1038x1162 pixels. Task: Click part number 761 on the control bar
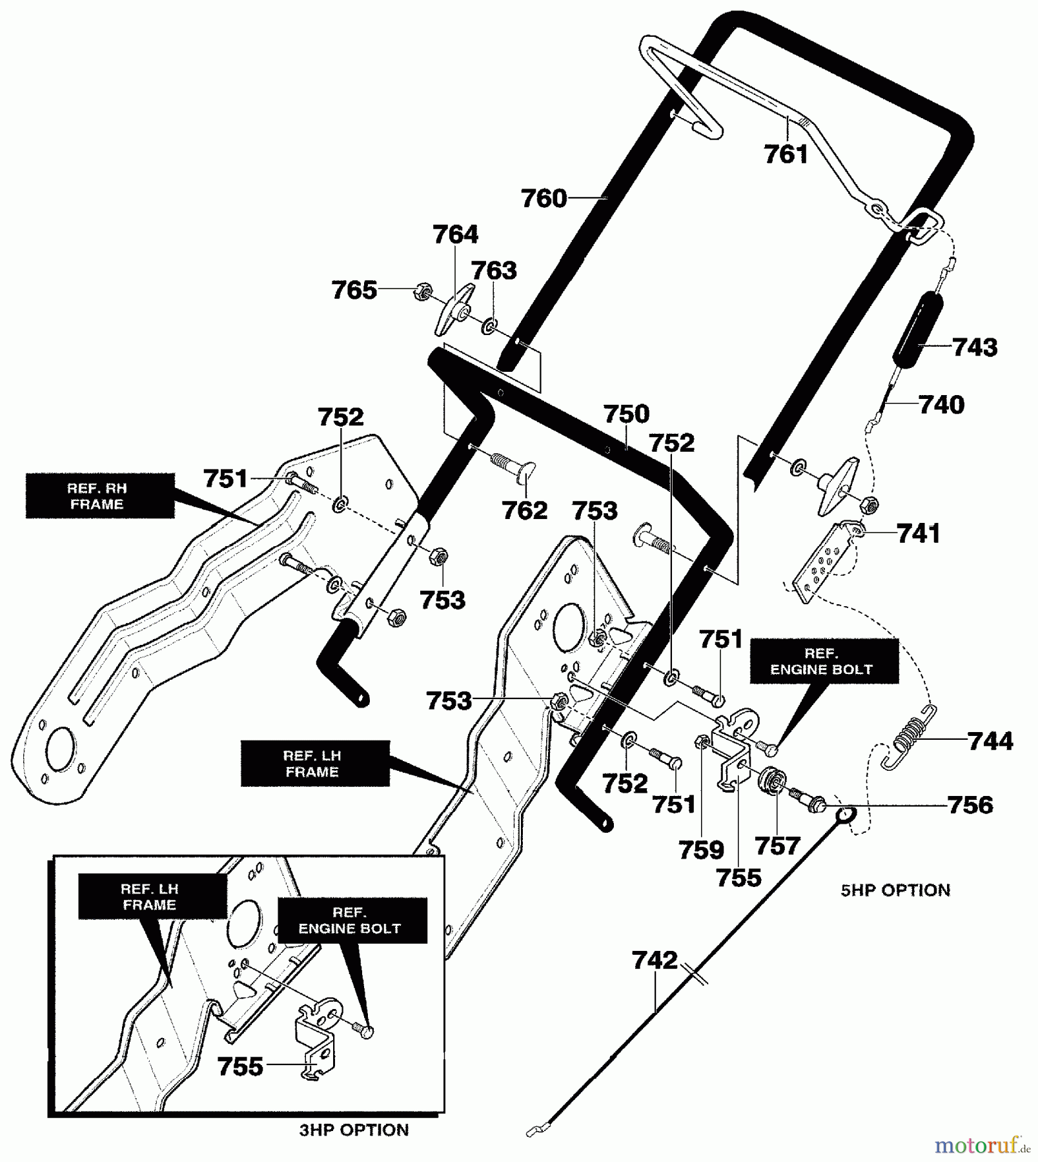pos(786,155)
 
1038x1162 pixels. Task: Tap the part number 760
pos(544,198)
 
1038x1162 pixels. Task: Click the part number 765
pos(354,290)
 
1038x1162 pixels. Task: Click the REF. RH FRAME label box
pos(100,496)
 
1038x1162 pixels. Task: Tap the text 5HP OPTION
pos(895,890)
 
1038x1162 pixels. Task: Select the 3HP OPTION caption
pos(354,1130)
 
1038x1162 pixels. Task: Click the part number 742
pos(655,960)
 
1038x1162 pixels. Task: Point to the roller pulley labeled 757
pos(771,782)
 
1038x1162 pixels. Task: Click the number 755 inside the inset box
pos(240,1066)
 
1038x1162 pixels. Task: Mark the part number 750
pos(626,414)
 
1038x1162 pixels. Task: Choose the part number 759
pos(701,850)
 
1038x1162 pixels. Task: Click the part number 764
pos(455,234)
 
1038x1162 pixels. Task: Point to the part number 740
pos(941,405)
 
